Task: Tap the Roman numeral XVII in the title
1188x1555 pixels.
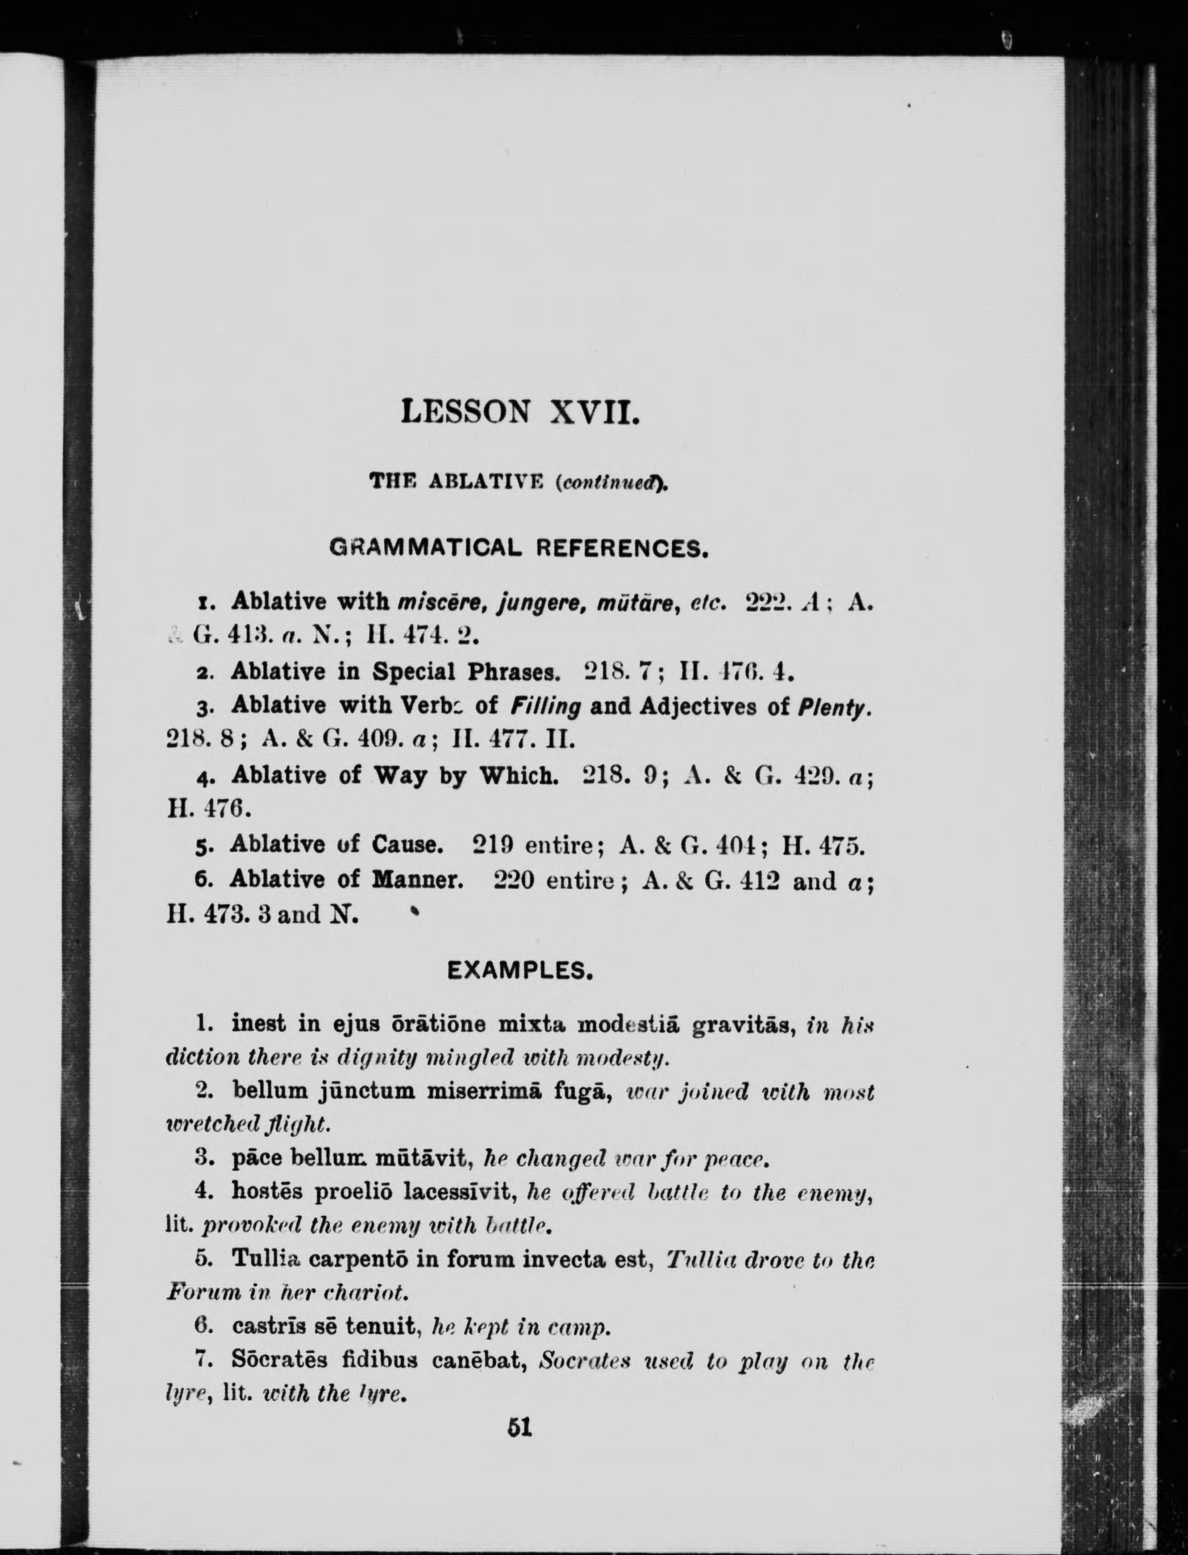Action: [595, 412]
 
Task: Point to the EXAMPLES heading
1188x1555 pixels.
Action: [520, 971]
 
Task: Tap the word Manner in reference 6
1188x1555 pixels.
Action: [417, 880]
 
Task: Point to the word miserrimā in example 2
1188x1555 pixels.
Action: [485, 1092]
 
